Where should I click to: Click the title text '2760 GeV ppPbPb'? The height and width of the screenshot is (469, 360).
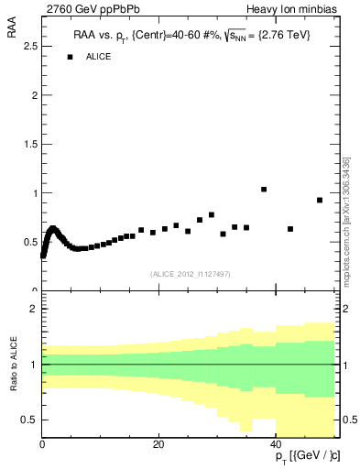84,9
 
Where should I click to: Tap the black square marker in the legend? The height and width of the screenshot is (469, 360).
70,57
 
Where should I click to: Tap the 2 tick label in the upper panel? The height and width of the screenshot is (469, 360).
34,95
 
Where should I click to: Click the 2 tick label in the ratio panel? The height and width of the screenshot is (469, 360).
34,309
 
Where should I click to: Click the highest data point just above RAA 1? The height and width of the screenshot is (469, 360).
264,190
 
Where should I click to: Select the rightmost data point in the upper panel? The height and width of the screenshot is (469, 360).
320,200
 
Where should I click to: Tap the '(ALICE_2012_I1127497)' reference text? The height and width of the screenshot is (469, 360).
190,273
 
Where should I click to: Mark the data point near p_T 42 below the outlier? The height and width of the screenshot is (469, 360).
290,229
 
